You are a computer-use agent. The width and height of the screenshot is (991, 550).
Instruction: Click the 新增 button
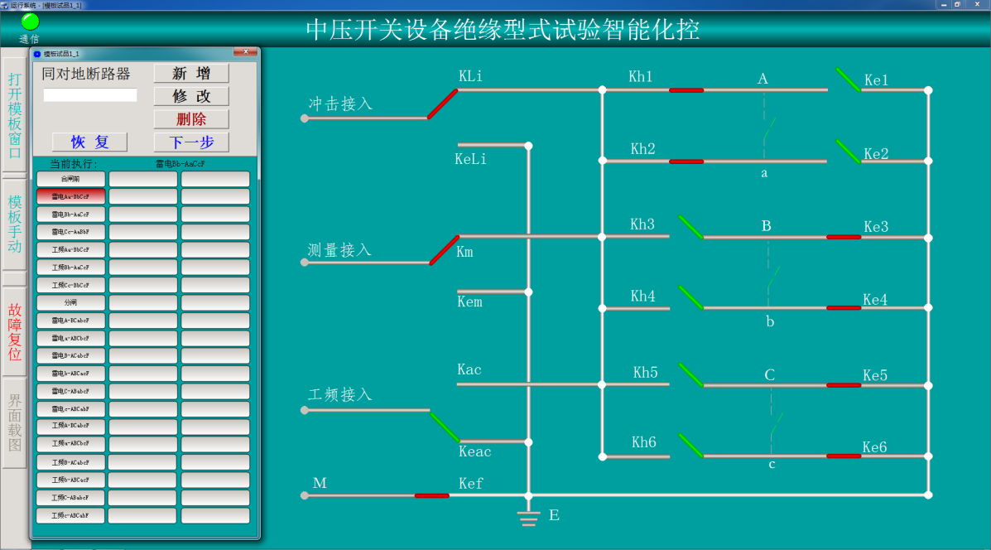(x=191, y=74)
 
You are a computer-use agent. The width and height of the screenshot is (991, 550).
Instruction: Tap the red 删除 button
(x=191, y=119)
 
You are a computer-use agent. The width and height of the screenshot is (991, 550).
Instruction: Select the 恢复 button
(x=89, y=142)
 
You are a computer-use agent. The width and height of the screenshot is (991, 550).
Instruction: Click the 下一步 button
(x=191, y=142)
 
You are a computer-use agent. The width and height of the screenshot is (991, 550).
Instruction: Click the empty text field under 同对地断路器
(x=90, y=95)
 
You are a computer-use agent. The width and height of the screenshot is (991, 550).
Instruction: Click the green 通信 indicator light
(x=30, y=22)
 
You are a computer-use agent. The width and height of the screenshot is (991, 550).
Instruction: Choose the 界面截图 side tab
(x=15, y=422)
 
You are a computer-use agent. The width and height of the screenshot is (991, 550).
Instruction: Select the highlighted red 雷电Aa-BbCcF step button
(x=70, y=196)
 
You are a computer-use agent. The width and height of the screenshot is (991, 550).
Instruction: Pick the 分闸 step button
(x=70, y=303)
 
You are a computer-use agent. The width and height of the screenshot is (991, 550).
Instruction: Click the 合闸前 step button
(x=70, y=179)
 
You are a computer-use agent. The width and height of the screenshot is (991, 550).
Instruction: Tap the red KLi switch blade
(x=442, y=104)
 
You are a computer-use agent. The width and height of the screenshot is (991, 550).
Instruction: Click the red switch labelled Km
(x=444, y=250)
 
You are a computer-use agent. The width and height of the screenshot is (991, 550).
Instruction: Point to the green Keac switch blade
(x=445, y=427)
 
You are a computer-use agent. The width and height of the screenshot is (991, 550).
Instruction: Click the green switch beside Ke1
(x=848, y=80)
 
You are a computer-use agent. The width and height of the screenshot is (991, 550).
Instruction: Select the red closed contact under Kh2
(x=686, y=161)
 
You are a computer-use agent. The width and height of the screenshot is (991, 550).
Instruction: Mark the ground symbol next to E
(x=528, y=518)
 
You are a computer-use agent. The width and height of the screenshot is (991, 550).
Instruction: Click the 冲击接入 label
(x=340, y=104)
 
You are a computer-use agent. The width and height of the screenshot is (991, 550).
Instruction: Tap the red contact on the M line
(x=431, y=495)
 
